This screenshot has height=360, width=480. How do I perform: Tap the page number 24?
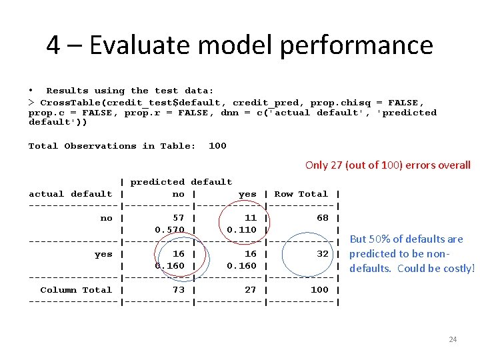[x=453, y=340]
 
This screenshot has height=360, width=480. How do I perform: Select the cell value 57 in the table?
[x=179, y=218]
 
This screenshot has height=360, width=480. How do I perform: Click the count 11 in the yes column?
[x=251, y=218]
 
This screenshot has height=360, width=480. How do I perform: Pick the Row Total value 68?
[x=323, y=218]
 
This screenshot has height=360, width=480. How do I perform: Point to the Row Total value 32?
[x=323, y=254]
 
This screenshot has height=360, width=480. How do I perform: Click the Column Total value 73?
[x=179, y=290]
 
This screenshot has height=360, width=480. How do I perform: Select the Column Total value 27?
[x=251, y=290]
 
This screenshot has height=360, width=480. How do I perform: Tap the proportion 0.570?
[x=170, y=230]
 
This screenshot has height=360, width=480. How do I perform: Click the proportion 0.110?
[x=242, y=230]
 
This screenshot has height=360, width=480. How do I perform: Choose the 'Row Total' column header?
[x=301, y=194]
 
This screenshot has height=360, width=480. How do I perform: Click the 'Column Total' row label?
[x=76, y=290]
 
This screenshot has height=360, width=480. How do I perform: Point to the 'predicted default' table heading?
[x=181, y=182]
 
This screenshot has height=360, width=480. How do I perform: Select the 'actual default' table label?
[x=70, y=194]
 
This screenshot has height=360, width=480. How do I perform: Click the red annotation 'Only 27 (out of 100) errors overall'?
[x=387, y=165]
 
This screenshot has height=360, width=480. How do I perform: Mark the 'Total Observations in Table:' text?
[x=112, y=146]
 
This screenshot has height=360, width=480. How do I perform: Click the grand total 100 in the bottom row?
[x=319, y=290]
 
